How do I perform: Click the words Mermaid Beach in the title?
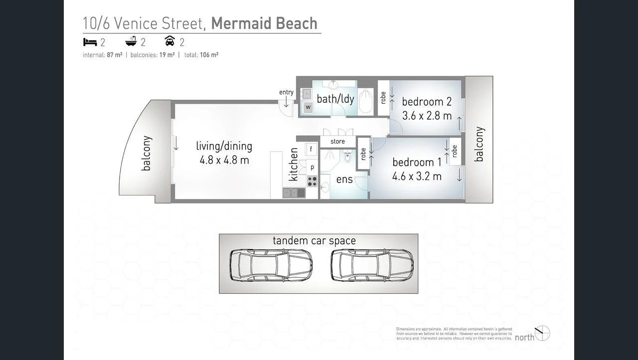point(264,23)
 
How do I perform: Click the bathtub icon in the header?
point(131,42)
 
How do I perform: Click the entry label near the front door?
point(286,92)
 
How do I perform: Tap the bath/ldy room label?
point(335,99)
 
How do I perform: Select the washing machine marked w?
point(308,107)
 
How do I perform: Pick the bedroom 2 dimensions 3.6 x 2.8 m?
point(427,116)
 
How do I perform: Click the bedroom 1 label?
point(417,162)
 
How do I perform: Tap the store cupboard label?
point(337,142)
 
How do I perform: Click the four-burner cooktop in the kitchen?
point(313,181)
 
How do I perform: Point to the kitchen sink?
point(294,192)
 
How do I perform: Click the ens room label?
point(344,180)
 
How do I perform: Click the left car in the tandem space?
point(271,265)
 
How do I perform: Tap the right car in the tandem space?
point(372,265)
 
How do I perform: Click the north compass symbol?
point(542,333)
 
